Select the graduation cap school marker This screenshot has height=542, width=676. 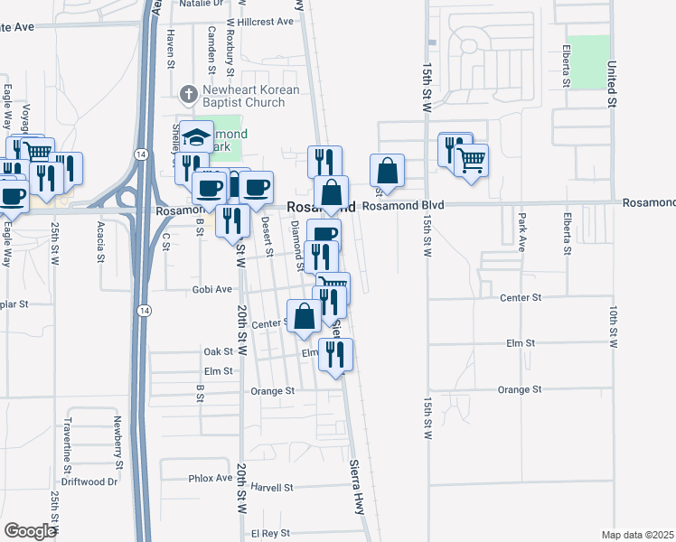(x=196, y=137)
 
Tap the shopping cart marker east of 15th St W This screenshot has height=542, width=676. (x=472, y=161)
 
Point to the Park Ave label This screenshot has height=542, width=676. (x=521, y=233)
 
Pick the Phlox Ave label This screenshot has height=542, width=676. (x=211, y=478)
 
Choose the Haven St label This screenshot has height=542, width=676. (x=170, y=48)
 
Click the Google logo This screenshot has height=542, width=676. (x=30, y=531)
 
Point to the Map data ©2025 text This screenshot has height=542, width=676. (x=637, y=535)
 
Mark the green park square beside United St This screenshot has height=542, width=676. (x=589, y=62)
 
